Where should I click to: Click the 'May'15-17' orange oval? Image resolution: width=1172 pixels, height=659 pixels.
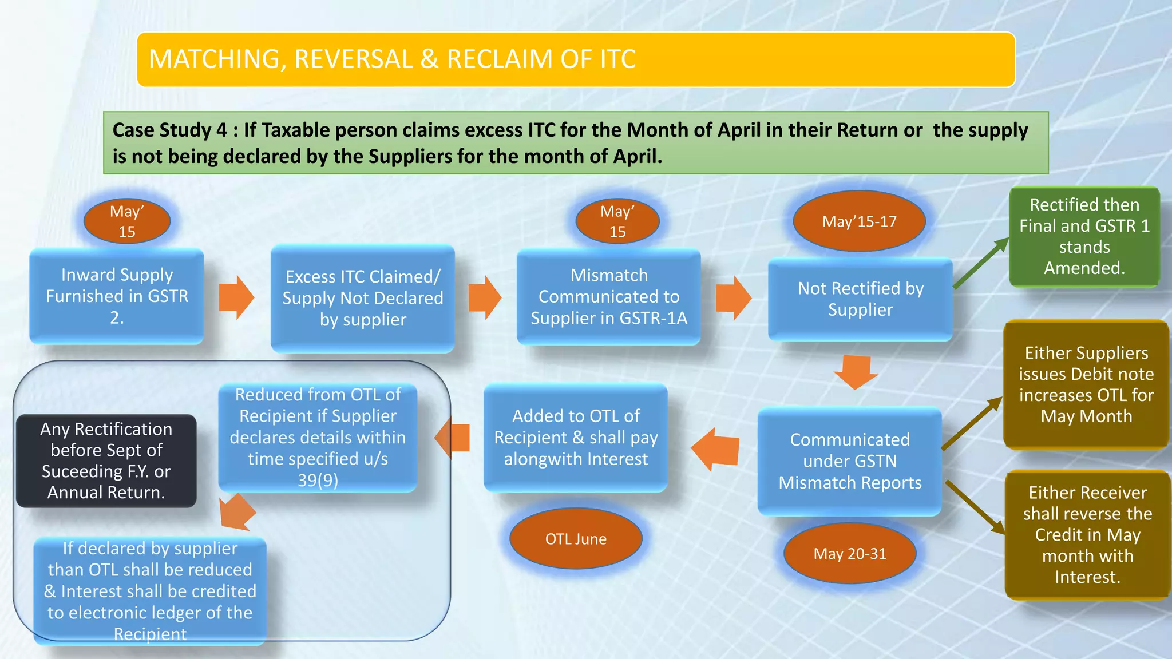coord(859,221)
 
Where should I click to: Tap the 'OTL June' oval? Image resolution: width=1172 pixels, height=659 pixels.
coord(576,539)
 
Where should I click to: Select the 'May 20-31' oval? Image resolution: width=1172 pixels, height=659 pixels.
coord(850,554)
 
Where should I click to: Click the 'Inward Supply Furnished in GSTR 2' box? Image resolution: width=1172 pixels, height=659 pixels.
coord(117,296)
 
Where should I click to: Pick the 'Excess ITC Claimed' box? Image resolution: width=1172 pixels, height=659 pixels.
coord(363,298)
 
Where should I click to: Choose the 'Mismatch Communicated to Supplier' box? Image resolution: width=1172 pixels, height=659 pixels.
coord(609,297)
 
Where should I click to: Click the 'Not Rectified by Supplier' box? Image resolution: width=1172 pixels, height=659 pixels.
coord(860,299)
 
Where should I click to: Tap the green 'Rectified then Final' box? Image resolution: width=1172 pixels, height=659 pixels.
coord(1084,236)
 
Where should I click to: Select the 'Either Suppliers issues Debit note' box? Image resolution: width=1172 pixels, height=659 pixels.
coord(1086,384)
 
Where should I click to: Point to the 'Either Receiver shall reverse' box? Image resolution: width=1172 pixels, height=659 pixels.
coord(1087,534)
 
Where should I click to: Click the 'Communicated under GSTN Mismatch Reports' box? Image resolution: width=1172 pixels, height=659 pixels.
coord(850,461)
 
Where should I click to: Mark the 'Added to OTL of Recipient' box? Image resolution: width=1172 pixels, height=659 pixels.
coord(576,438)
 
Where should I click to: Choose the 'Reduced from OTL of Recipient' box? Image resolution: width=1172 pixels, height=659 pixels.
coord(318,438)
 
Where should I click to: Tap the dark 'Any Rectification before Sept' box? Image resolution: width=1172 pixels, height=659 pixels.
coord(106,460)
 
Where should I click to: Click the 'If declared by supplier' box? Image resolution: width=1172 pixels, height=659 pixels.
coord(150,591)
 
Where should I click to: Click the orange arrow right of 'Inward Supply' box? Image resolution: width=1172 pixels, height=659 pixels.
coord(237,297)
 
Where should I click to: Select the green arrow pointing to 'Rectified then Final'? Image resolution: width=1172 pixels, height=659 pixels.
coord(980,264)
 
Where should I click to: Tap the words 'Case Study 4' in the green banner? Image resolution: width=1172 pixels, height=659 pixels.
coord(169,130)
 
